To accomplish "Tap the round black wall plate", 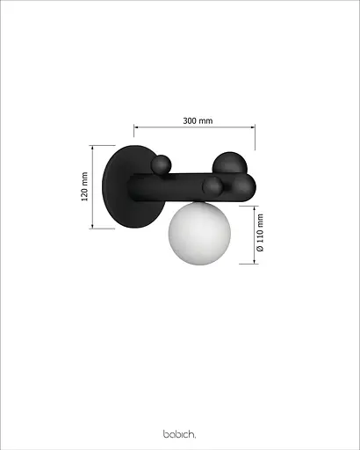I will tap(123, 185).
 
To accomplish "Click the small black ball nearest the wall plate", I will tap(161, 164).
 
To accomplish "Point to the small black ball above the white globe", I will tap(212, 186).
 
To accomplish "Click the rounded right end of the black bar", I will tap(250, 185).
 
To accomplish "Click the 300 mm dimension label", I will tap(199, 120).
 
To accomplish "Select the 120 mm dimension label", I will tap(85, 186).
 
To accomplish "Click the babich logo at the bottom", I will tap(180, 433).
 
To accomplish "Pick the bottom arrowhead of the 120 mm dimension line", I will tap(92, 226).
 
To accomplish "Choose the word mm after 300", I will tap(207, 120).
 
